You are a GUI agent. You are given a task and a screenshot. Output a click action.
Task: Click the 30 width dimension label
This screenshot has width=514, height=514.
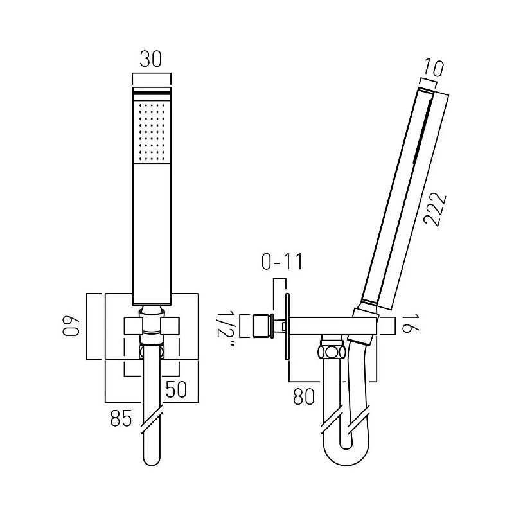pyautogui.click(x=151, y=59)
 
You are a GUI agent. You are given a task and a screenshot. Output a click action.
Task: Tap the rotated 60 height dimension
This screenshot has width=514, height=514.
pyautogui.click(x=71, y=326)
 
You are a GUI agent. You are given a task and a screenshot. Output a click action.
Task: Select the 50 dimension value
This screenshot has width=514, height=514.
pyautogui.click(x=176, y=389)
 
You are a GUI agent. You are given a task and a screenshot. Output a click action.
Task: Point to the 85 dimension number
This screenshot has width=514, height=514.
pyautogui.click(x=121, y=418)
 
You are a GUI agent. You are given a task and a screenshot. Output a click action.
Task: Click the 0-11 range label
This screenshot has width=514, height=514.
pyautogui.click(x=283, y=262)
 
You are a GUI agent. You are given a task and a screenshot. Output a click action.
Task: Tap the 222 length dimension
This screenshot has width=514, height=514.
pyautogui.click(x=435, y=209)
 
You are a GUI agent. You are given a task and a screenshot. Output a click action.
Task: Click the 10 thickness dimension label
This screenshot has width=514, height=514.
pyautogui.click(x=433, y=68)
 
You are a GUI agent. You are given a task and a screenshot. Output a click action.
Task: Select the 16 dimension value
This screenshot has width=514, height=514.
pyautogui.click(x=411, y=323)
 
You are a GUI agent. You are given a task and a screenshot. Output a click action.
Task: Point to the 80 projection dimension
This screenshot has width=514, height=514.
pyautogui.click(x=303, y=396)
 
